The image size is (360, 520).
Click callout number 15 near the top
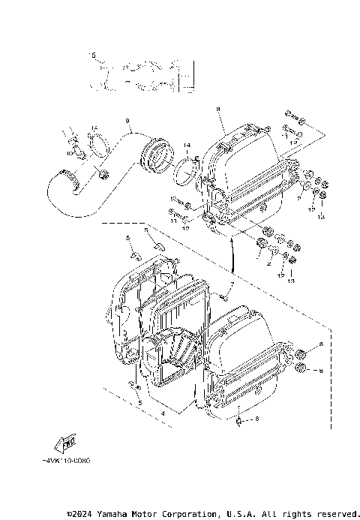coord(93,56)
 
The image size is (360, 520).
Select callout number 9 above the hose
coord(127,122)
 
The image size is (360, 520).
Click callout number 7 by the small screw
coord(232,286)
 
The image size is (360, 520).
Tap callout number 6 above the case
coord(145,230)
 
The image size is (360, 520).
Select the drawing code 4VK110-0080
coord(67,462)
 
